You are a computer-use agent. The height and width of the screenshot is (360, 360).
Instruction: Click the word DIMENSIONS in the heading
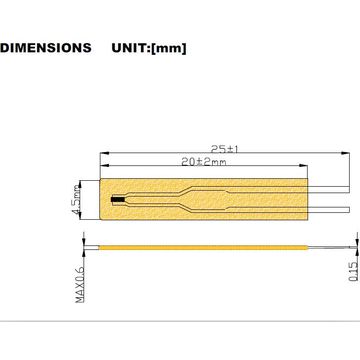[46, 48]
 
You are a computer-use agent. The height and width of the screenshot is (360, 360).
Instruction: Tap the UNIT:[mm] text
[149, 48]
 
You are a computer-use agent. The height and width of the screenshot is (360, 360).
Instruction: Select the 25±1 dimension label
[225, 149]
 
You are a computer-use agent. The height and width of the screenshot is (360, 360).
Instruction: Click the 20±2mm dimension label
[204, 162]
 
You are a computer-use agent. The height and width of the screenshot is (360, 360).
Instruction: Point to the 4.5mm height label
[76, 200]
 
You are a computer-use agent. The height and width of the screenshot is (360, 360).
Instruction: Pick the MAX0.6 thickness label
[80, 285]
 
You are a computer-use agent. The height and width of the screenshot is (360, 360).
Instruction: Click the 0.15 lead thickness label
[353, 271]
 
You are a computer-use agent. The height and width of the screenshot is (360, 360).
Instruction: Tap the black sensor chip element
[118, 200]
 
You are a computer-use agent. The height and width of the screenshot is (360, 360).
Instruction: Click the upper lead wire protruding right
[329, 189]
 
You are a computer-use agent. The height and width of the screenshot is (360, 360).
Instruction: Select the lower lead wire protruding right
[329, 210]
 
